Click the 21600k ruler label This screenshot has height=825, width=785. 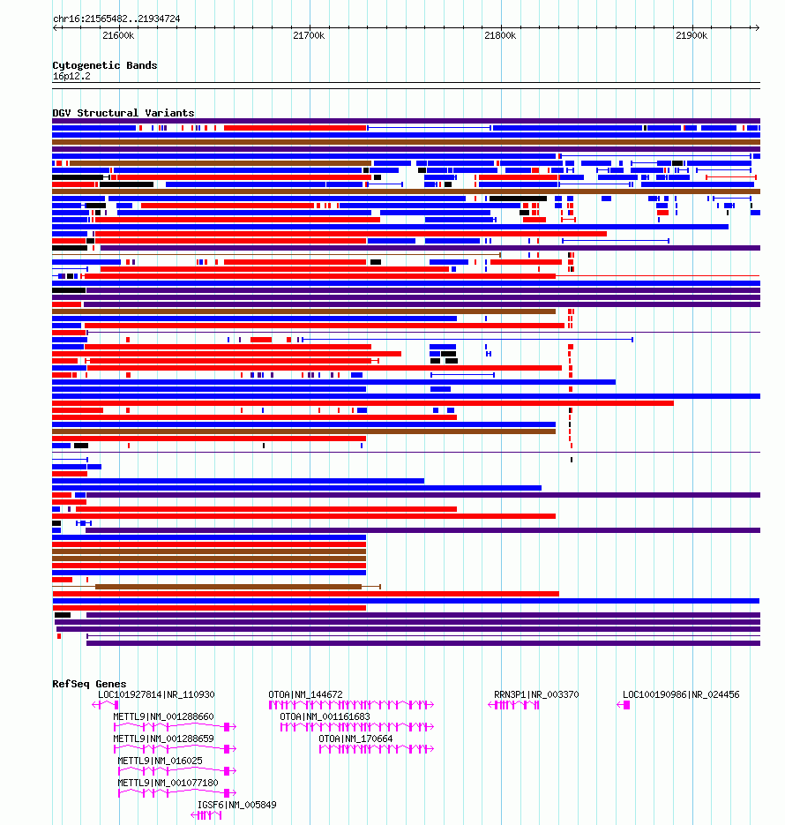[x=118, y=36]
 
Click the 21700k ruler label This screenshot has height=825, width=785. [x=309, y=36]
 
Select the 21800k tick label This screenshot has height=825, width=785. [x=500, y=36]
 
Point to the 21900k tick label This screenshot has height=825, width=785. [x=692, y=36]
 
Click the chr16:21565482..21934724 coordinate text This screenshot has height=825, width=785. [x=116, y=19]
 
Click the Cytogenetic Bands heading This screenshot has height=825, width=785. [x=105, y=65]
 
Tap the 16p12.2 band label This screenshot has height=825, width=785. [x=71, y=76]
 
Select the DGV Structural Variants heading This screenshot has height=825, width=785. [x=123, y=113]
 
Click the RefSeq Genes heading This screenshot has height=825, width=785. [x=89, y=684]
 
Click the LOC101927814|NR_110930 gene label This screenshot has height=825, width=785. [x=156, y=694]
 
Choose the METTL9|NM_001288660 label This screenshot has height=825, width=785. [x=163, y=716]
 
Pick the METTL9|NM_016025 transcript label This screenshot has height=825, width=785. [x=160, y=761]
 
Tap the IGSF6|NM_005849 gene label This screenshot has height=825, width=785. [x=236, y=805]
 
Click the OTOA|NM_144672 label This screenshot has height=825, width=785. [x=305, y=694]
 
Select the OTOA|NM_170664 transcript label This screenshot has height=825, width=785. [x=355, y=739]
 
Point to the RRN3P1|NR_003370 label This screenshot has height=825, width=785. [x=536, y=694]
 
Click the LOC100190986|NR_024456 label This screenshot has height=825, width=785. [x=681, y=694]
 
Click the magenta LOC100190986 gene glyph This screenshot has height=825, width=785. [x=624, y=705]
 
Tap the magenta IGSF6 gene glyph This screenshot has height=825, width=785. [x=206, y=815]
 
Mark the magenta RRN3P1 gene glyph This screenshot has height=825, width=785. [x=513, y=705]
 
